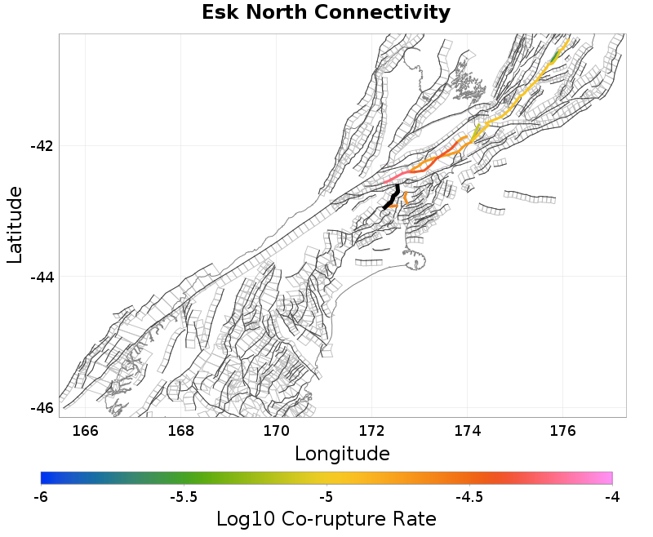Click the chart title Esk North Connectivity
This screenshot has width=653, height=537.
point(326,13)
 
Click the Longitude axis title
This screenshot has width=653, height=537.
point(342,453)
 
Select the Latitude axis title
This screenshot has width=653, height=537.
point(15,224)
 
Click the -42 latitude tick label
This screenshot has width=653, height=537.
point(41,146)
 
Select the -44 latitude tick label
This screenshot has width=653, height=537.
point(41,277)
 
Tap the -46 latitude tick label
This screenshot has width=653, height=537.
point(41,408)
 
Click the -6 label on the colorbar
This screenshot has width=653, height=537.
point(41,496)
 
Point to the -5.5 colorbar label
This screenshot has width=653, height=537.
point(183,496)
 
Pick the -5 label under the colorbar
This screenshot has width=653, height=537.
point(326,496)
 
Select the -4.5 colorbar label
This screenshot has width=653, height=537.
point(469,496)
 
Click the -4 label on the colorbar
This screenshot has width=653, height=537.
point(611,496)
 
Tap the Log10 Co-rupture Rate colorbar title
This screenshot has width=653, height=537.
point(326,519)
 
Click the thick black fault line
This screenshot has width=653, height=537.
point(393,197)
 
